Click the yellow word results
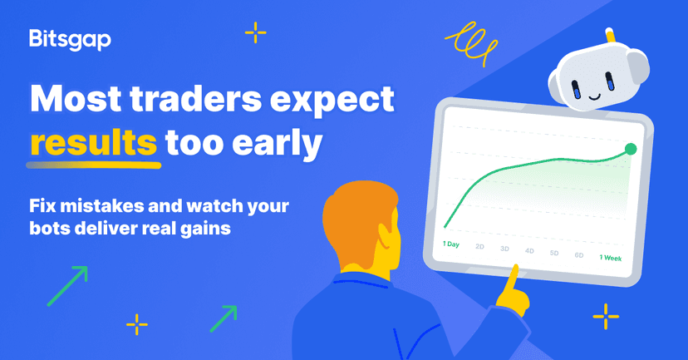point(92,143)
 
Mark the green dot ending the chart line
point(630,149)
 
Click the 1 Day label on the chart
point(451,244)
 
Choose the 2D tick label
point(479,247)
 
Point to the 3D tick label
point(504,249)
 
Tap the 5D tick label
point(554,253)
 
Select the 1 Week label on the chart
point(611,258)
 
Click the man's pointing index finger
point(514,274)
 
